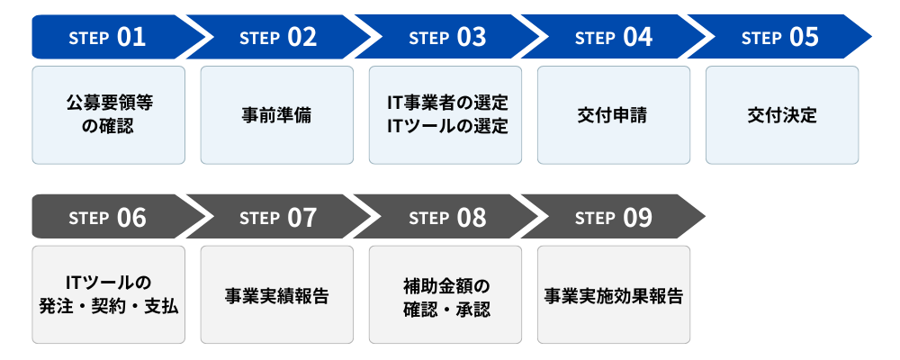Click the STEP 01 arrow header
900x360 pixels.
pyautogui.click(x=107, y=38)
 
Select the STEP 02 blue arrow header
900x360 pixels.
pyautogui.click(x=277, y=38)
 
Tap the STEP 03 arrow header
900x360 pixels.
pyautogui.click(x=446, y=38)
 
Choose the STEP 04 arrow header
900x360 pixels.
pyautogui.click(x=614, y=38)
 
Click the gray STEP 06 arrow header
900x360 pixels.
pyautogui.click(x=107, y=218)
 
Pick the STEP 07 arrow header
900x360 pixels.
pyautogui.click(x=277, y=218)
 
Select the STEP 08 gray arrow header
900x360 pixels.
pyautogui.click(x=446, y=218)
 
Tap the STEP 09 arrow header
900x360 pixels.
pyautogui.click(x=614, y=218)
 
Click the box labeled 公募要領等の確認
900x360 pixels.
pyautogui.click(x=108, y=115)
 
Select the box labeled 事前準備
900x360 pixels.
pyautogui.click(x=276, y=115)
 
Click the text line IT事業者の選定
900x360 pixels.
pyautogui.click(x=445, y=103)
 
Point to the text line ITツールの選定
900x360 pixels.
pyautogui.click(x=445, y=126)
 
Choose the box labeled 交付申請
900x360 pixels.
pyautogui.click(x=613, y=115)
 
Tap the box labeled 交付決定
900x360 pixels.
pyautogui.click(x=781, y=115)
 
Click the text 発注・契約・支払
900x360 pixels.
pyautogui.click(x=109, y=307)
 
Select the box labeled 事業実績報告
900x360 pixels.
pyautogui.click(x=276, y=295)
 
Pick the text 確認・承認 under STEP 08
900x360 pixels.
pyautogui.click(x=445, y=307)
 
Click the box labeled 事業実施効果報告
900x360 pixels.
pyautogui.click(x=613, y=295)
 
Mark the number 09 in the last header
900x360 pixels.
pyautogui.click(x=636, y=218)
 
